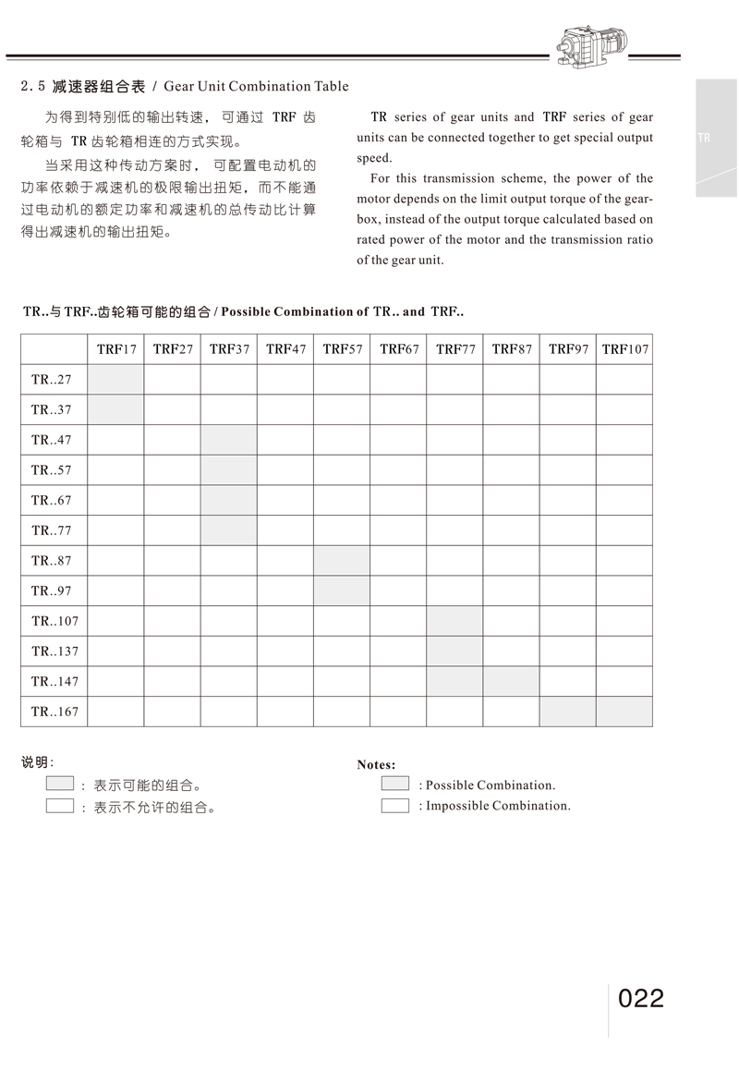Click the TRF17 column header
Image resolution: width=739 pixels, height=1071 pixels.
(116, 349)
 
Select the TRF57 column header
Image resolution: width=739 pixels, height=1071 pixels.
(343, 349)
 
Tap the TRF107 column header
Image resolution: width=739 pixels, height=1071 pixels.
(625, 349)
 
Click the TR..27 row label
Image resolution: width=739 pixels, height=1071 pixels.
(52, 380)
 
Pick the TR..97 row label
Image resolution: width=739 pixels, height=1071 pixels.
(52, 591)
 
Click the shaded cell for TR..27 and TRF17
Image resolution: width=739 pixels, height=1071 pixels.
(116, 380)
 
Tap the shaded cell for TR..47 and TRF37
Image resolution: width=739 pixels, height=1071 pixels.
(229, 440)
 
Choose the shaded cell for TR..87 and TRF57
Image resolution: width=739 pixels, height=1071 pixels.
(343, 561)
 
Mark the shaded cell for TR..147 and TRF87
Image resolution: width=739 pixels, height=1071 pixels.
(512, 682)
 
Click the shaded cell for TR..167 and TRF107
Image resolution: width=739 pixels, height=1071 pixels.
(624, 712)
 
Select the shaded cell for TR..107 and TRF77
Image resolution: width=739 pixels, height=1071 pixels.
(454, 621)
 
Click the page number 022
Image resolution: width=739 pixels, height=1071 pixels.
(641, 999)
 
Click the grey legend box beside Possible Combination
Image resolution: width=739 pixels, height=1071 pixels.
(394, 784)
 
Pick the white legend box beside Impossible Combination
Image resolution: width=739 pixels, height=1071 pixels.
(394, 805)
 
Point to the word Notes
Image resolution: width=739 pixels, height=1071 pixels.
(376, 765)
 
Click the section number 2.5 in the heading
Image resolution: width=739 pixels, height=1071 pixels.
(33, 87)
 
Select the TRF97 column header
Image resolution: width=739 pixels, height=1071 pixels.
(568, 349)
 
